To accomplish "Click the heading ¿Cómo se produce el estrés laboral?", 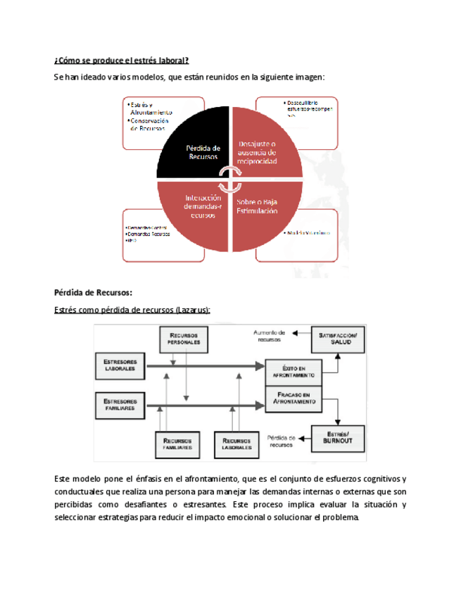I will [x=122, y=60].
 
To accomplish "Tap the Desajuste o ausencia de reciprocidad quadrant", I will [x=257, y=151].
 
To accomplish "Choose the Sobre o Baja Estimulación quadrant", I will [x=257, y=206].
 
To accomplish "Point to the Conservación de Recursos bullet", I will [x=150, y=125].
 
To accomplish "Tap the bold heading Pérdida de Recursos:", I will [x=93, y=292].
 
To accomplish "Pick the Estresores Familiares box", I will [x=120, y=404].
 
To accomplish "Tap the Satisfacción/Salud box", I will [x=339, y=339].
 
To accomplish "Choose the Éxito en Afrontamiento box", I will [x=293, y=371].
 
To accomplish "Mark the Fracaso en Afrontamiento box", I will [x=293, y=399].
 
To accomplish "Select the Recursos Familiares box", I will [x=179, y=443].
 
